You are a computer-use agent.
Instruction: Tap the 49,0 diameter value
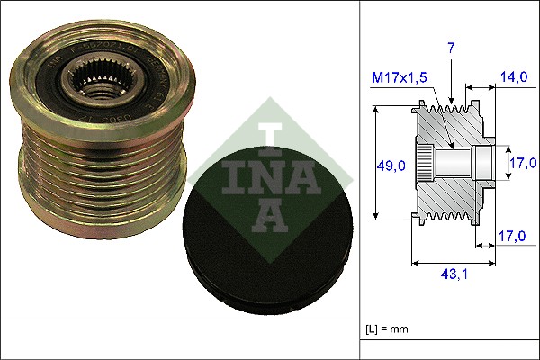click(391, 165)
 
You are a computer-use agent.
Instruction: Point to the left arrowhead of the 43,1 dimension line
click(415, 264)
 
